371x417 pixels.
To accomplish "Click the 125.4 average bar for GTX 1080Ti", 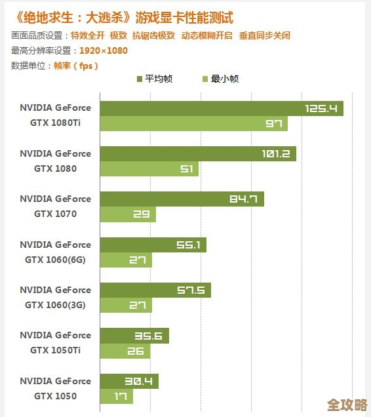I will click(222, 108).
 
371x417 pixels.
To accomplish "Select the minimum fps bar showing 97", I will click(193, 123).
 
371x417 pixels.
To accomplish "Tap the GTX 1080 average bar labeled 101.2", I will click(198, 153).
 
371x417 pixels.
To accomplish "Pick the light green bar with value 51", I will click(149, 169).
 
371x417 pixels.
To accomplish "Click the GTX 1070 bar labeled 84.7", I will click(182, 199).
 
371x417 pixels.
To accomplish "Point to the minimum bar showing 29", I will click(128, 214).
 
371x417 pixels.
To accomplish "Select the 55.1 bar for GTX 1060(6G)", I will click(153, 245).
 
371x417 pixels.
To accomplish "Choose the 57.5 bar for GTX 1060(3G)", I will click(155, 290).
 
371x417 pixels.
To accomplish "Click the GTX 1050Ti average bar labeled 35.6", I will click(134, 336).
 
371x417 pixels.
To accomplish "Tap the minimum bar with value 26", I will click(125, 351).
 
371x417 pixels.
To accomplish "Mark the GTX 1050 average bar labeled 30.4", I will click(129, 381).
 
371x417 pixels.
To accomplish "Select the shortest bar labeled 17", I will click(116, 396).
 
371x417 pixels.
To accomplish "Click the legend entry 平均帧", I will click(157, 79).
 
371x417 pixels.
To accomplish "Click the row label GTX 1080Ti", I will click(55, 123).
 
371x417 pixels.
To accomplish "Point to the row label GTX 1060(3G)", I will click(55, 305).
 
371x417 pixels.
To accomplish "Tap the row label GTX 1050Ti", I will click(55, 350).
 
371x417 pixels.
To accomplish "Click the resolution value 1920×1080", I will click(103, 50).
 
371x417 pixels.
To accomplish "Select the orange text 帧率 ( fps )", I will click(75, 66).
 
